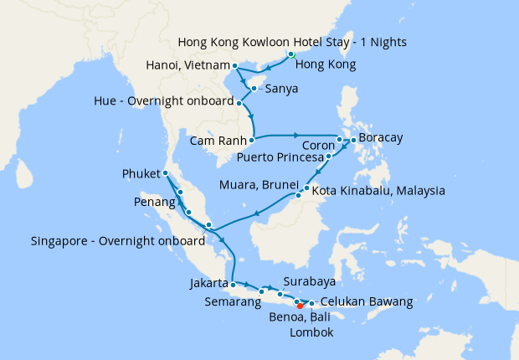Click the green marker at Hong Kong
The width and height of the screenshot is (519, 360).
291,55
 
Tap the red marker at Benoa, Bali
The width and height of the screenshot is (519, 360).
301,306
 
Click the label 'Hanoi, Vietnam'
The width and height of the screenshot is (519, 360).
187,65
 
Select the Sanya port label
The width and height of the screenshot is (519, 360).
283,86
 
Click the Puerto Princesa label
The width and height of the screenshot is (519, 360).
280,156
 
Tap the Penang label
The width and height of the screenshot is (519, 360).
155,203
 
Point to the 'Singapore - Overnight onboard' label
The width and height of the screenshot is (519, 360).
117,241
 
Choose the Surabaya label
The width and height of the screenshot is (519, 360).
309,281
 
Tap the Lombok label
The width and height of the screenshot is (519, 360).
311,332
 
